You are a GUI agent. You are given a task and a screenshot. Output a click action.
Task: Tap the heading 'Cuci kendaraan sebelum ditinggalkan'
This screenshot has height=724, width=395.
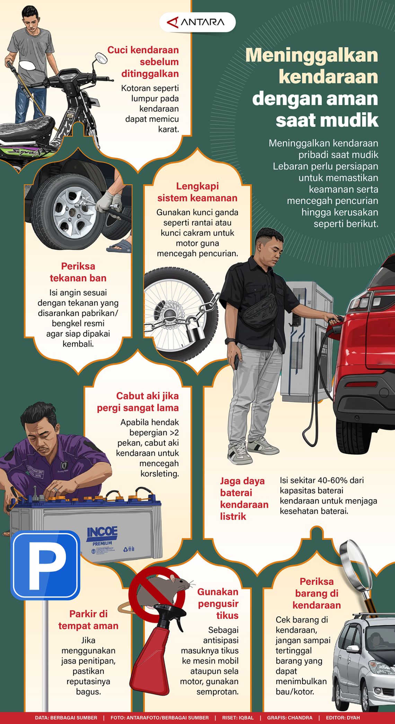click(x=149, y=62)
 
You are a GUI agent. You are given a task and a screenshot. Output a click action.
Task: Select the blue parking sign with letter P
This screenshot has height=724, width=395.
click(x=45, y=565)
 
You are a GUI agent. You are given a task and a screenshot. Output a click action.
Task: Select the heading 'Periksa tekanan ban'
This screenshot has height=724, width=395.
click(x=78, y=272)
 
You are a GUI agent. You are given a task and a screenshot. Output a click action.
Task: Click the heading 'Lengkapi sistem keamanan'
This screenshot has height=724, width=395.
click(x=197, y=192)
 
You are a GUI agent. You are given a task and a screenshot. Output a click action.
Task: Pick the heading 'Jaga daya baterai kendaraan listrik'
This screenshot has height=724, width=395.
click(x=244, y=498)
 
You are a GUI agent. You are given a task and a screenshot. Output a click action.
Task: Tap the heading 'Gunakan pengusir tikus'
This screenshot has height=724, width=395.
click(x=218, y=603)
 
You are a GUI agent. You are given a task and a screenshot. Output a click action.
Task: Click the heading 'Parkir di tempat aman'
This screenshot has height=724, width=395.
click(x=88, y=620)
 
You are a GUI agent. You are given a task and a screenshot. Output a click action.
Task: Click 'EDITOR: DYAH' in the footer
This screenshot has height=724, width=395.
click(x=343, y=718)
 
